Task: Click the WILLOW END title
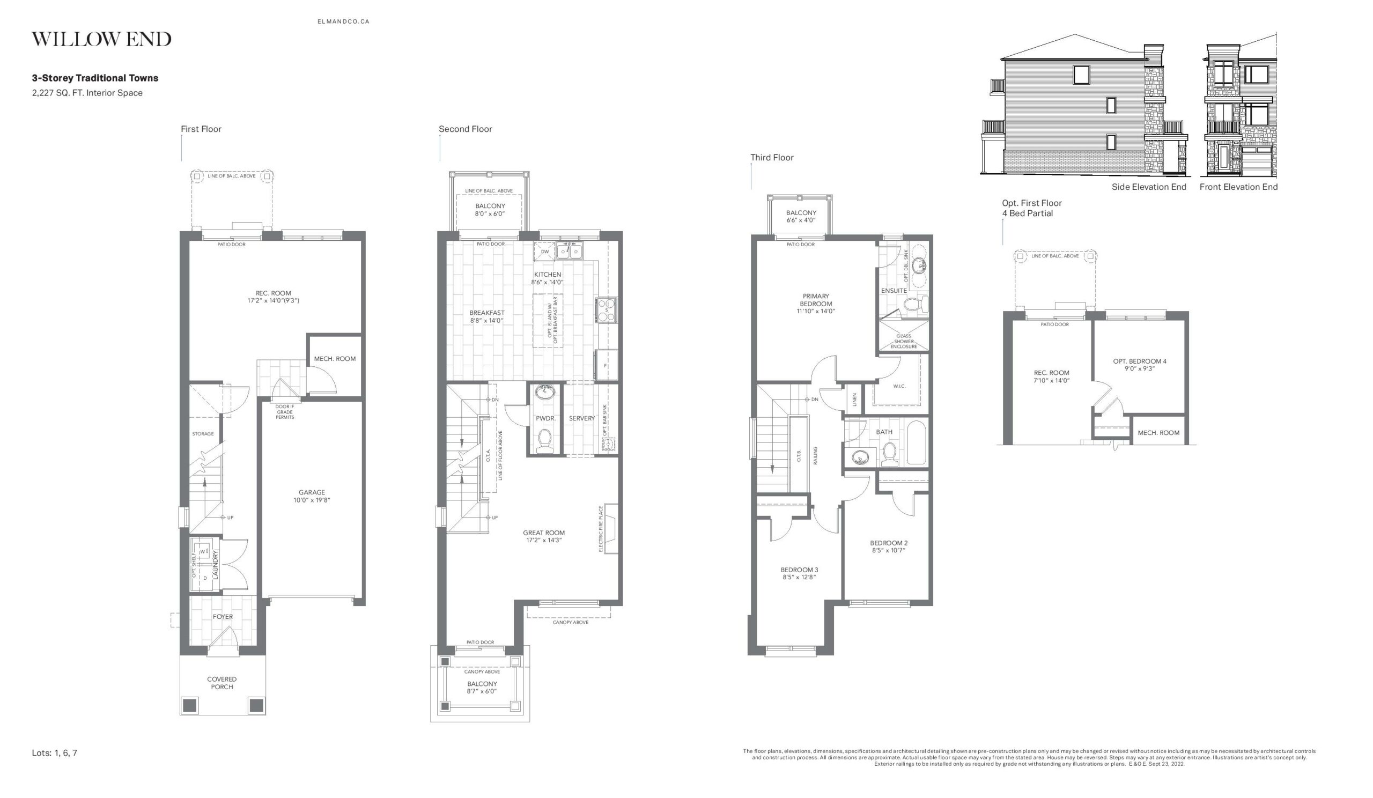coord(101,39)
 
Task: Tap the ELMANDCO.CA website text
coord(343,22)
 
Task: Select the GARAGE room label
coord(312,492)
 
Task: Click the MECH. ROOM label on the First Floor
coord(335,359)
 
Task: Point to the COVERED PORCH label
coord(222,683)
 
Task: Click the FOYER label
coord(223,617)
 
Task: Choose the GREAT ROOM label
coord(544,533)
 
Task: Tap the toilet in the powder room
coord(544,441)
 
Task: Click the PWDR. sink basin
coord(545,391)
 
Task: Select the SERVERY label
coord(582,418)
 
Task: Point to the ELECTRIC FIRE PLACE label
coord(601,529)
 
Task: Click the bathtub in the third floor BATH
coord(916,442)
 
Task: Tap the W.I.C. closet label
coord(899,386)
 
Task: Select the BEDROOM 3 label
coord(799,570)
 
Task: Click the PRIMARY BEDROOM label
coord(816,300)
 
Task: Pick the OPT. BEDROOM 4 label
coord(1140,361)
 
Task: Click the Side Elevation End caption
coord(1148,187)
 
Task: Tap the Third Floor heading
coord(771,158)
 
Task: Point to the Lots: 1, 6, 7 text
coord(55,753)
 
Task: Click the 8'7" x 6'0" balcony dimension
coord(482,691)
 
